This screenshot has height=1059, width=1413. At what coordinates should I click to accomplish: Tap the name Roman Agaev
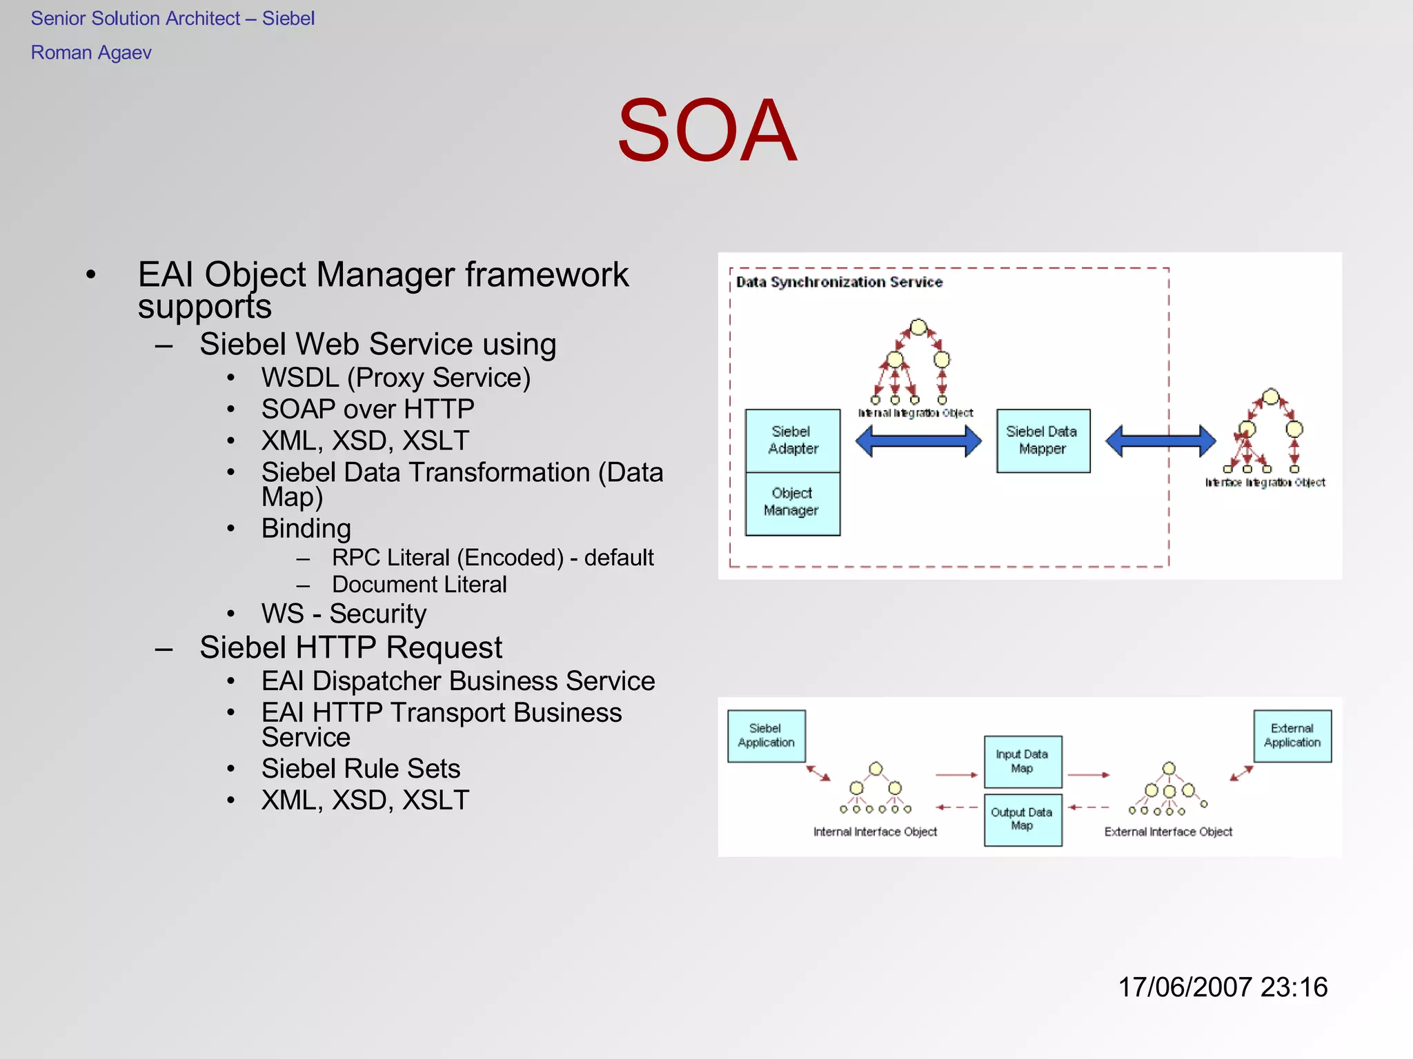pyautogui.click(x=91, y=53)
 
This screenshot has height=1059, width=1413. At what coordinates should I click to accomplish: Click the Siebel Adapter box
pyautogui.click(x=793, y=440)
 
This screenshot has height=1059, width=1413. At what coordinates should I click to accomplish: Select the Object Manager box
pyautogui.click(x=792, y=503)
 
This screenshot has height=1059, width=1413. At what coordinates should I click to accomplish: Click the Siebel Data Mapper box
pyautogui.click(x=1043, y=440)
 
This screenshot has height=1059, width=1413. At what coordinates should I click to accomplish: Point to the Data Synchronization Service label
pyautogui.click(x=839, y=282)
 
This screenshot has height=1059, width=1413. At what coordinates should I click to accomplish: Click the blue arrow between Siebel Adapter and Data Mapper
pyautogui.click(x=918, y=441)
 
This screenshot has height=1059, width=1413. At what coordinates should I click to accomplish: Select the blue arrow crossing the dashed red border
pyautogui.click(x=1160, y=441)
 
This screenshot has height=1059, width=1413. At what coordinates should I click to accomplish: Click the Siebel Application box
pyautogui.click(x=766, y=736)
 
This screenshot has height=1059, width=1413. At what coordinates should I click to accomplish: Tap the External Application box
pyautogui.click(x=1292, y=736)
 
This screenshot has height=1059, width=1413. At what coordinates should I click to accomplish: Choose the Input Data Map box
pyautogui.click(x=1022, y=761)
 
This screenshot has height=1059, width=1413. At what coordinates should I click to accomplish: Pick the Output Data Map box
pyautogui.click(x=1022, y=819)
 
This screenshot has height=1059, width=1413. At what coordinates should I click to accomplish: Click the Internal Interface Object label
pyautogui.click(x=875, y=832)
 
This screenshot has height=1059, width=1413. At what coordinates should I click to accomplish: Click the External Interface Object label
pyautogui.click(x=1168, y=832)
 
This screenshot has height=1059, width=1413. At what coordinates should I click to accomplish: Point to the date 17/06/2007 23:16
pyautogui.click(x=1222, y=987)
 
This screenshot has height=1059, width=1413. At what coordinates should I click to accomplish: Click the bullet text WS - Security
pyautogui.click(x=344, y=614)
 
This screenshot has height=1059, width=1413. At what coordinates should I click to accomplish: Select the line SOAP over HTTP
pyautogui.click(x=368, y=410)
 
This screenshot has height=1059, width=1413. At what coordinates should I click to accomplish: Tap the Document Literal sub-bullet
pyautogui.click(x=419, y=585)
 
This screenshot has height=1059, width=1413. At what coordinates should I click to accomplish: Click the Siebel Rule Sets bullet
pyautogui.click(x=361, y=769)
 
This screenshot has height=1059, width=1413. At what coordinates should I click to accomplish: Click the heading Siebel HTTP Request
pyautogui.click(x=350, y=647)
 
